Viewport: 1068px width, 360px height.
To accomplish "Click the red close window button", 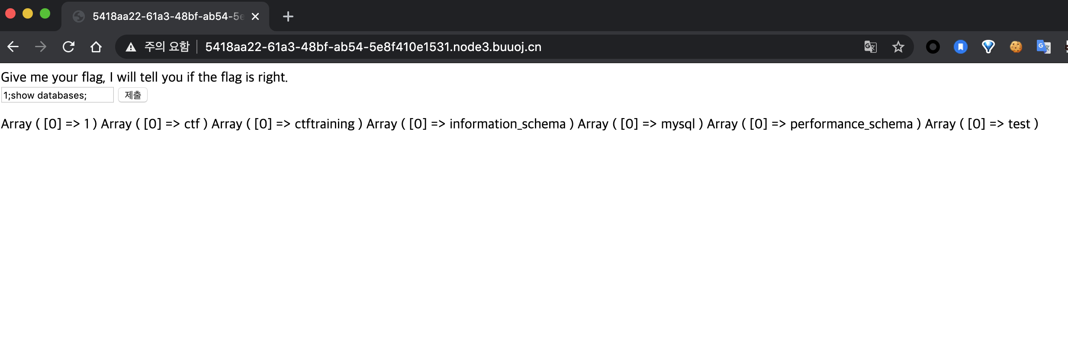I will [x=10, y=14].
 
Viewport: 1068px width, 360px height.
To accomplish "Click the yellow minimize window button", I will [x=28, y=14].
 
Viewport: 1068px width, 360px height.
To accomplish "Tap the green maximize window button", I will [x=45, y=14].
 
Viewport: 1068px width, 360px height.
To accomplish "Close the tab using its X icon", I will [x=255, y=16].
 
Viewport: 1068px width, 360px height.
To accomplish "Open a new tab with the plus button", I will [x=288, y=16].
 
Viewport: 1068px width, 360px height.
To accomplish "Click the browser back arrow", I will [x=13, y=47].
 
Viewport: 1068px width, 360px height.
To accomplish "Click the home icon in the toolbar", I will [x=96, y=47].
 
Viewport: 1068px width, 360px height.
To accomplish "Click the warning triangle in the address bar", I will [x=131, y=47].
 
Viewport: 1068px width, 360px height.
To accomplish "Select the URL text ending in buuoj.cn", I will [x=373, y=47].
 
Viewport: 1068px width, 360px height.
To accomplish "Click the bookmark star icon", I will [x=898, y=47].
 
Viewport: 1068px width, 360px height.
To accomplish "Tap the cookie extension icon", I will [x=1016, y=47].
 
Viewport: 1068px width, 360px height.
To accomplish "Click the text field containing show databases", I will [x=57, y=95].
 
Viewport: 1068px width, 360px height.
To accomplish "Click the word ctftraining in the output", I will [x=325, y=124].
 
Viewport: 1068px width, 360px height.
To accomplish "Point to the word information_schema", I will [x=507, y=124].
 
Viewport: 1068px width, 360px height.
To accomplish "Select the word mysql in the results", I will [x=678, y=124].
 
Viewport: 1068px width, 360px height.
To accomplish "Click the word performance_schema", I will [x=851, y=124].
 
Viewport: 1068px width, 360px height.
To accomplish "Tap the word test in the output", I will [x=1019, y=124].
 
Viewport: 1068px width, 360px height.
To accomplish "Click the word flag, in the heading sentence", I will [x=93, y=77].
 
